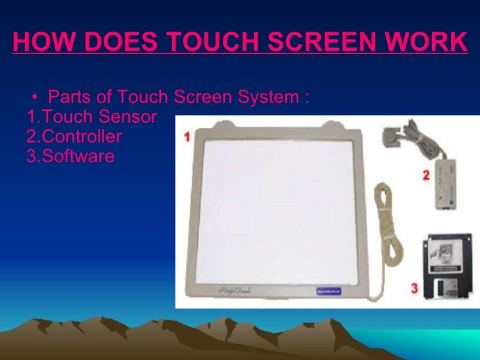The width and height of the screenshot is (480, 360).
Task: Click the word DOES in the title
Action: [x=113, y=43]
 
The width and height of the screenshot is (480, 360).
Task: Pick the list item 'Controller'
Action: [x=80, y=137]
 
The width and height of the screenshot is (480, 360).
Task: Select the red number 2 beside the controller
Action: [x=426, y=176]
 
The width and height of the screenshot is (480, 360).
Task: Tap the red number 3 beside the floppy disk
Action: [x=413, y=287]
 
